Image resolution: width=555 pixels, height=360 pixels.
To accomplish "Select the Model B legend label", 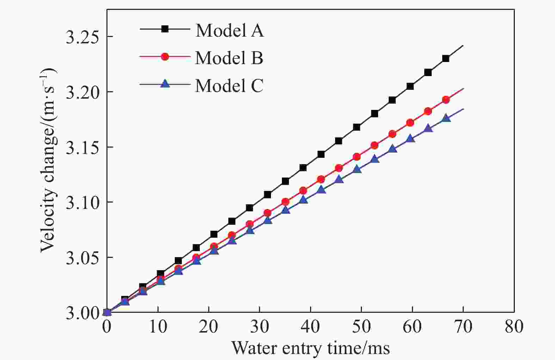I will (x=229, y=58).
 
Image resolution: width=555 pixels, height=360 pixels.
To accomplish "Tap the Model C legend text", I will (x=229, y=86).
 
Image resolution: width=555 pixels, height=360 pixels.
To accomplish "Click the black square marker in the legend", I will (x=165, y=29).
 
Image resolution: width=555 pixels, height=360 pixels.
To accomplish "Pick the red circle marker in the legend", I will (x=165, y=56).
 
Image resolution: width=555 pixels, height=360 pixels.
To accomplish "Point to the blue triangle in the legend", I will (x=165, y=84).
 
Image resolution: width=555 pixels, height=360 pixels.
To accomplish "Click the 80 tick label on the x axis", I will (x=514, y=327).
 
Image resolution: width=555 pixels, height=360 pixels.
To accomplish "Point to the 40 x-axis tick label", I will (x=310, y=327).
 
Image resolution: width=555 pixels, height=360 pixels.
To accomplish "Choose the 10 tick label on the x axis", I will (x=158, y=327).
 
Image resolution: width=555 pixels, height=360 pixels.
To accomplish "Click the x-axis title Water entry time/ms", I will (x=310, y=348).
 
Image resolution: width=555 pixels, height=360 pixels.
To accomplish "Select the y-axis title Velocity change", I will (x=48, y=160).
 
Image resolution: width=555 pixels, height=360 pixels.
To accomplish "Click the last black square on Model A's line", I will (x=446, y=58).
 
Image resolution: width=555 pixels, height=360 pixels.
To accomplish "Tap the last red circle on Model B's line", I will (x=446, y=100).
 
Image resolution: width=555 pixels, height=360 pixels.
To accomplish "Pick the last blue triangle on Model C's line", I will (x=446, y=118).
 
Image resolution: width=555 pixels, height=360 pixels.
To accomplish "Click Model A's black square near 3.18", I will (x=375, y=113).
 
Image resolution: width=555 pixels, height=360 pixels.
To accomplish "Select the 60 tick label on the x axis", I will (x=412, y=327).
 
